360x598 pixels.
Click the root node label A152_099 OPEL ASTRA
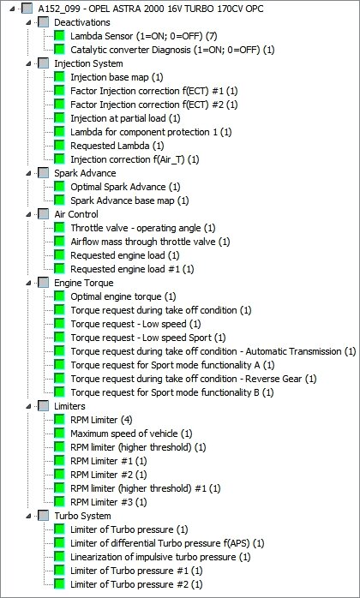tap(151, 9)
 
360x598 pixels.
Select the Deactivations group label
tap(82, 22)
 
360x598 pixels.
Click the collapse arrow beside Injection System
tap(28, 63)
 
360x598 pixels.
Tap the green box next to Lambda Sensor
tap(59, 36)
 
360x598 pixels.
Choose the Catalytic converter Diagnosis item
tap(172, 50)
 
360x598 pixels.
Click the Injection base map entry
tap(117, 77)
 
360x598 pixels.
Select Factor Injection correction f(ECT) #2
tap(153, 105)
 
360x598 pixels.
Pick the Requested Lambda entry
tap(117, 146)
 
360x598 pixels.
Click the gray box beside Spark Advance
tap(44, 173)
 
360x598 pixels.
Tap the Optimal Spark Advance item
tap(125, 187)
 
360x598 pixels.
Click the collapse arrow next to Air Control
tap(28, 215)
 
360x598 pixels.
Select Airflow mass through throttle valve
tap(150, 242)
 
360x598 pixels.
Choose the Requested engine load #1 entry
tap(132, 269)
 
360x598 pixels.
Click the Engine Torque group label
tap(84, 283)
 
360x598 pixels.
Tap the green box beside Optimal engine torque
tap(59, 296)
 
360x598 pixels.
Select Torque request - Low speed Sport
tap(148, 338)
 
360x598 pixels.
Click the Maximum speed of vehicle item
tap(131, 434)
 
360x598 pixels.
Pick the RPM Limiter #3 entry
tap(108, 502)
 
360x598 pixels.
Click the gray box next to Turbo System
tap(44, 516)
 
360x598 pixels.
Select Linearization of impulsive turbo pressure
tap(160, 557)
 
